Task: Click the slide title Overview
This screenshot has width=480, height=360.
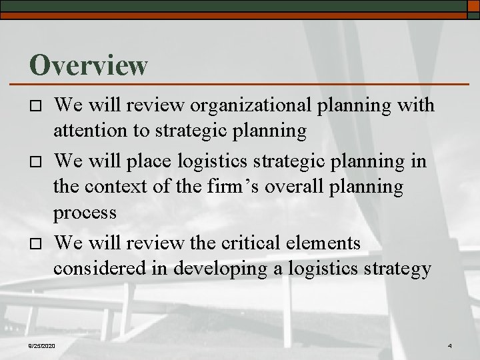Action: [x=88, y=64]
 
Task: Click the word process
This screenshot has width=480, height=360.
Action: [x=85, y=215]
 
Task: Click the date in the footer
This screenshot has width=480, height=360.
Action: [x=42, y=345]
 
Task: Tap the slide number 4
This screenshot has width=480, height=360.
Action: [x=450, y=345]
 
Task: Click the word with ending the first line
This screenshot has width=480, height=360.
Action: [x=414, y=105]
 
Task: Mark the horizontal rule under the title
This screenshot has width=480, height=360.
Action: [x=247, y=84]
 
